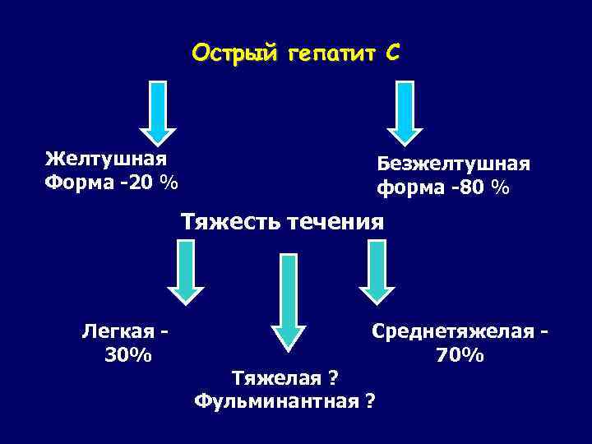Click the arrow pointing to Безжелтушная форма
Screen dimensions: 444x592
405,111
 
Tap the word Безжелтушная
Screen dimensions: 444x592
453,164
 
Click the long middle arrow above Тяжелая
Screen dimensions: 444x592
288,300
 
